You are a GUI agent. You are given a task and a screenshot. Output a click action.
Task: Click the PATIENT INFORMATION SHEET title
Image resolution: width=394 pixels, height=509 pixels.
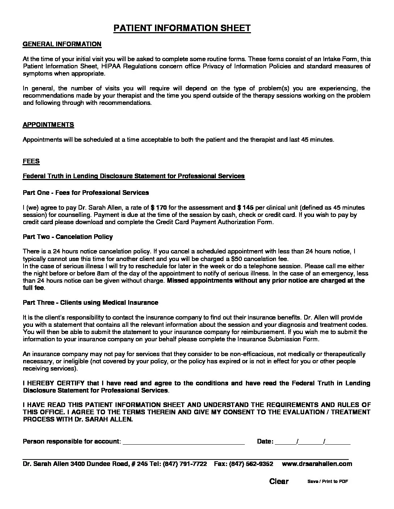coord(182,29)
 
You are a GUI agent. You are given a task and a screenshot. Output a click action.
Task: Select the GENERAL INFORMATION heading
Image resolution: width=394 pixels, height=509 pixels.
coord(62,44)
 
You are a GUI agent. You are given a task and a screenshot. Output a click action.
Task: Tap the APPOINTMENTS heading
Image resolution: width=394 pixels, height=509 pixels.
coord(48,125)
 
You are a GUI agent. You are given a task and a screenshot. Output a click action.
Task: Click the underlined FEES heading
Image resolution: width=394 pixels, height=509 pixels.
coord(31,161)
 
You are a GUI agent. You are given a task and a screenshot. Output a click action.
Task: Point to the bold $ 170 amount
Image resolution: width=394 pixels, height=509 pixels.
coord(159,208)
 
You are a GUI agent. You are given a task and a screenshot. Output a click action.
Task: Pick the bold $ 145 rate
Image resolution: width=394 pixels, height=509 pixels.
coord(246,208)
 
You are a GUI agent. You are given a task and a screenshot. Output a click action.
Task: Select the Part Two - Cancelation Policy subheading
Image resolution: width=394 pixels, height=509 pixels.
coord(68,237)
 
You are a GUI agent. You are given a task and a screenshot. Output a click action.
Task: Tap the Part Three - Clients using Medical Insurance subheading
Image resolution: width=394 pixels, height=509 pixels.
coord(91,303)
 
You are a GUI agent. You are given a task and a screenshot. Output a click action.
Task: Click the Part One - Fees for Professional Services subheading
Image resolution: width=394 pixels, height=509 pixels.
coord(86,193)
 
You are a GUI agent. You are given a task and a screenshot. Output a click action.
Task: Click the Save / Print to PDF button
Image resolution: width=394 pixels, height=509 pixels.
coord(327,482)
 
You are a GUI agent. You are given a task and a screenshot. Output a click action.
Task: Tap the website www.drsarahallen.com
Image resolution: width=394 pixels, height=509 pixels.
coord(317,464)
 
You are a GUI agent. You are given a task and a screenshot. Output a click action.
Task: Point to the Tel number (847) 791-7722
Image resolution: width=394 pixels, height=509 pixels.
coord(185,464)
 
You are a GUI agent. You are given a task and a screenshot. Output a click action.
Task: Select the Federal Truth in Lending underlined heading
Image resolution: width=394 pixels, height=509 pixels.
coord(134,176)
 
